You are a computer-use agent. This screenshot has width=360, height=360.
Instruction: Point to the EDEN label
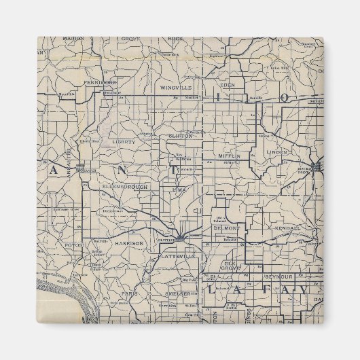point(228,85)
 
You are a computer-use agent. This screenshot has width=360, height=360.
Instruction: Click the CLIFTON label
point(181,136)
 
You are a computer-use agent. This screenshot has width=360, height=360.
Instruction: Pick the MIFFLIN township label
point(230,156)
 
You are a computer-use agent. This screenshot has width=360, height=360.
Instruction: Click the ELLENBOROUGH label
point(122,185)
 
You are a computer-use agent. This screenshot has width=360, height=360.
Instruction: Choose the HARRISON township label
point(129,242)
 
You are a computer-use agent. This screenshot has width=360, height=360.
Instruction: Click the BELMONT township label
point(223,228)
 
